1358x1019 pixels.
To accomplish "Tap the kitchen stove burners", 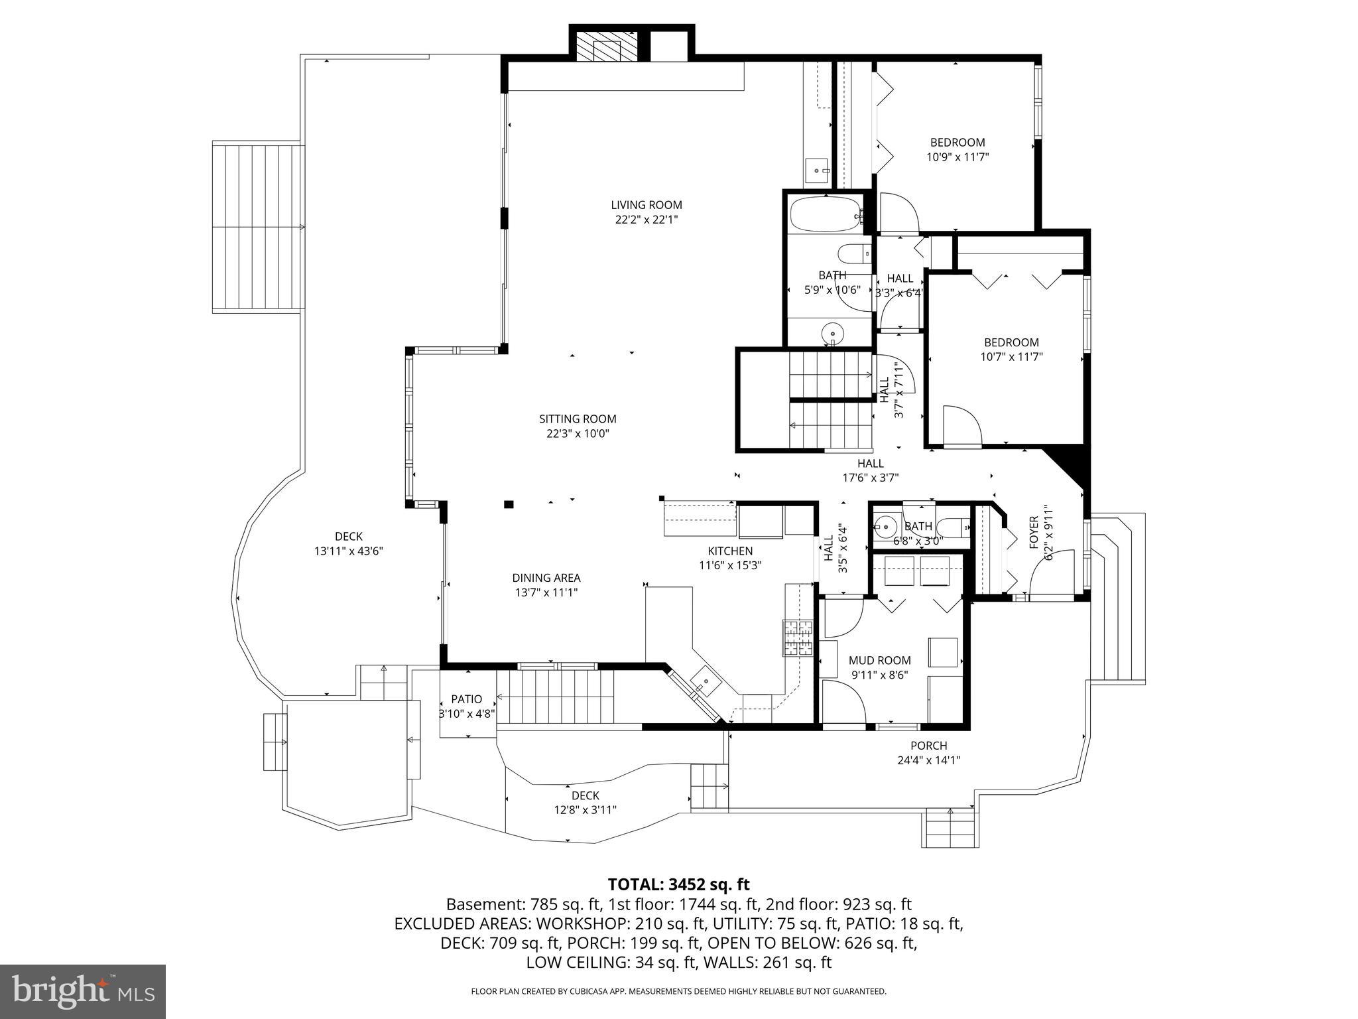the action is click(798, 638).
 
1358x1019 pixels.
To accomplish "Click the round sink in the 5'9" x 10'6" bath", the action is click(832, 333).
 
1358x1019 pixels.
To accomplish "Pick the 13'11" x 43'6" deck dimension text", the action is click(349, 551).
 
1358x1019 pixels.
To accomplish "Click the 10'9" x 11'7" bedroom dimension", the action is click(957, 157).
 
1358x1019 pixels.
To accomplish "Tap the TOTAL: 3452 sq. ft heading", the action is click(678, 884).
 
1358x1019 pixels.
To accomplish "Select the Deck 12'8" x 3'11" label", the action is click(586, 802).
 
